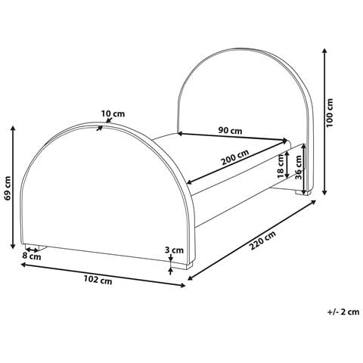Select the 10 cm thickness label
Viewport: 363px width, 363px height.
coord(113,114)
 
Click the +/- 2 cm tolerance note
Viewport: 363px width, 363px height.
coord(341,311)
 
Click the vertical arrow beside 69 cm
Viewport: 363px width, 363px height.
coord(14,189)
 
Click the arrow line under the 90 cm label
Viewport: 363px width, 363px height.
coord(234,138)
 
